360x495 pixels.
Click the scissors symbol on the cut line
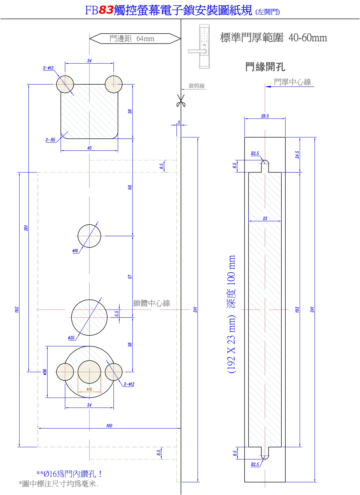click(x=181, y=100)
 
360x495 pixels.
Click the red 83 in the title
click(x=106, y=10)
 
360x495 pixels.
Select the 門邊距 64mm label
click(x=132, y=39)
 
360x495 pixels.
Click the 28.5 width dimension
click(x=265, y=116)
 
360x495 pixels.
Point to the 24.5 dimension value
click(x=297, y=155)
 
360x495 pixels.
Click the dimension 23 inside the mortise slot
click(x=265, y=219)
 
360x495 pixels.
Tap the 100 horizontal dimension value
click(x=109, y=426)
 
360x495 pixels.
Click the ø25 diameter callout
click(x=71, y=338)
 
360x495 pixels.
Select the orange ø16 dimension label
click(x=89, y=389)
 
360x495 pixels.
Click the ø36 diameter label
click(x=45, y=372)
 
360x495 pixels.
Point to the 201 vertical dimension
click(x=26, y=228)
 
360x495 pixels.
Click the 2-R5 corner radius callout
click(x=50, y=140)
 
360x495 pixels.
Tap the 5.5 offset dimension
click(x=117, y=313)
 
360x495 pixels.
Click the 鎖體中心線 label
click(x=151, y=303)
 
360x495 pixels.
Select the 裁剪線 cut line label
click(x=196, y=86)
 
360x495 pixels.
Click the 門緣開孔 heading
click(x=265, y=67)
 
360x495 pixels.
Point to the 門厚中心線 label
click(x=292, y=82)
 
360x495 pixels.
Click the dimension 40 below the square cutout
click(x=89, y=148)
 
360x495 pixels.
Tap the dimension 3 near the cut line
click(x=179, y=122)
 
